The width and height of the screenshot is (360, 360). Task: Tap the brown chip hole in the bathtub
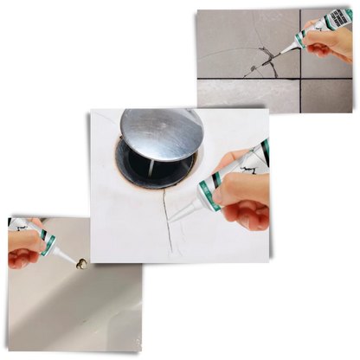[80, 264]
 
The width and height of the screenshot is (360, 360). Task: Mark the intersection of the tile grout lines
[299, 80]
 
